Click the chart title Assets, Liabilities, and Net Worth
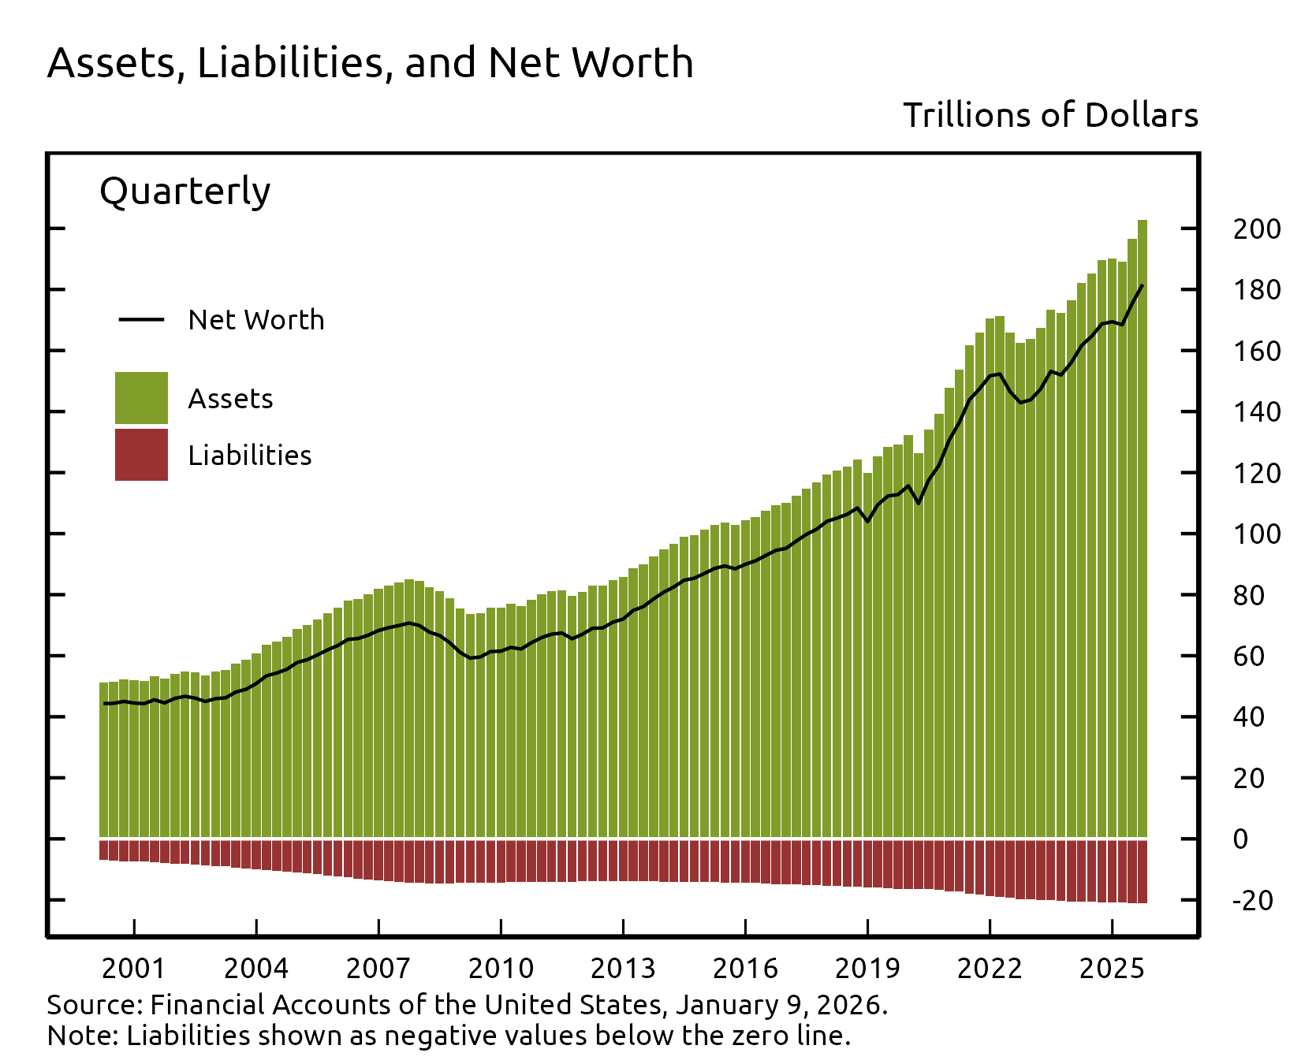(370, 63)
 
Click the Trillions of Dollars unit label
(1049, 116)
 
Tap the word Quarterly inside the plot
(185, 192)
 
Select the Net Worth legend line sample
(141, 319)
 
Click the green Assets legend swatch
(141, 397)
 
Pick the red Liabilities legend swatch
(141, 455)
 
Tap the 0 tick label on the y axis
(1240, 839)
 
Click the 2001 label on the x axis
(134, 968)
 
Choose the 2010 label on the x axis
(501, 968)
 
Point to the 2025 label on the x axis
(1111, 968)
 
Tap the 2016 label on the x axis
(745, 968)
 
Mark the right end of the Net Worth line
(1142, 285)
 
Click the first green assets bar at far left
(103, 757)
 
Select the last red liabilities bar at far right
(1142, 871)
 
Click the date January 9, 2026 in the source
(780, 1005)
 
